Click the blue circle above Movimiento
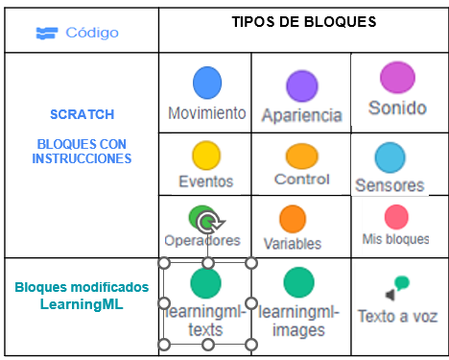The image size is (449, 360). pyautogui.click(x=207, y=84)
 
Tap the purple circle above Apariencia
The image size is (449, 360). pyautogui.click(x=302, y=86)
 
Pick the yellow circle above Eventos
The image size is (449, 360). pyautogui.click(x=206, y=154)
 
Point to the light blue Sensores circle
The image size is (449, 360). pyautogui.click(x=390, y=156)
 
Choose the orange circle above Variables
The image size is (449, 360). pyautogui.click(x=293, y=220)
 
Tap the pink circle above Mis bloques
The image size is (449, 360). pyautogui.click(x=396, y=217)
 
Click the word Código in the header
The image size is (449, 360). pyautogui.click(x=92, y=33)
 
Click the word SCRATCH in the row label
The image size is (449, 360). pyautogui.click(x=82, y=113)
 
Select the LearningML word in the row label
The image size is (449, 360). pyautogui.click(x=82, y=304)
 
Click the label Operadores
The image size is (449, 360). pyautogui.click(x=202, y=241)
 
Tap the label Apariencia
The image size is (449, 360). pyautogui.click(x=301, y=115)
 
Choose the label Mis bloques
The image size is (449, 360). pyautogui.click(x=396, y=239)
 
